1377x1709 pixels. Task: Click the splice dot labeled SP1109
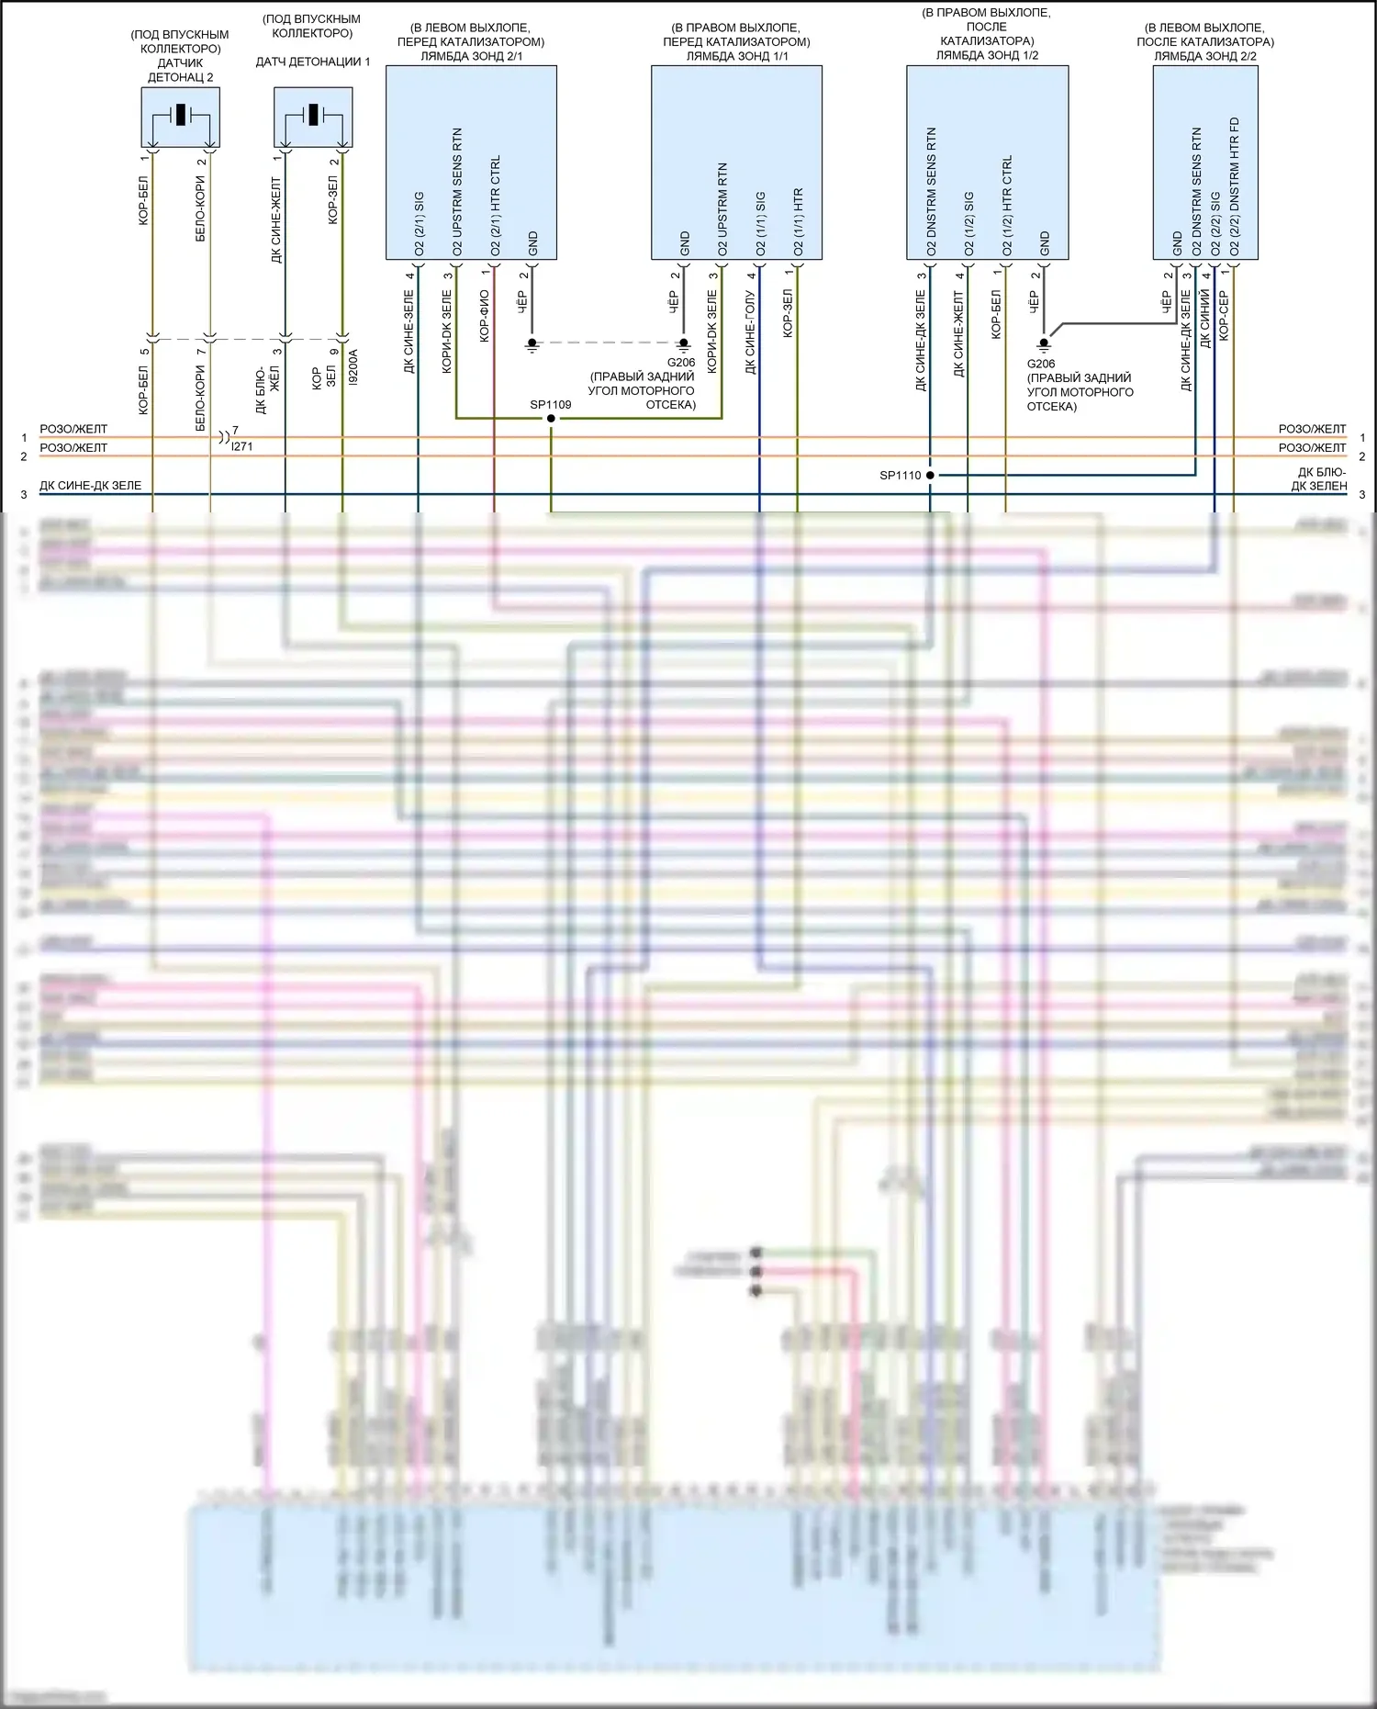click(x=551, y=419)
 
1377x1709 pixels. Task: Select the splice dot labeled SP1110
click(x=930, y=475)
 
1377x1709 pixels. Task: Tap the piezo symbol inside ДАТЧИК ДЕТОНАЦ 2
click(x=181, y=115)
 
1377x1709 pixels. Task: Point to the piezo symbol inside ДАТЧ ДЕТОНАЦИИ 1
click(x=313, y=115)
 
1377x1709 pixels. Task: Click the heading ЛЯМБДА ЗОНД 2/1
click(x=471, y=56)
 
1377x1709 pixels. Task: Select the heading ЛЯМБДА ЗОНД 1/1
click(x=736, y=56)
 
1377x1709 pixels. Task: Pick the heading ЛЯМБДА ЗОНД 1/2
click(x=987, y=55)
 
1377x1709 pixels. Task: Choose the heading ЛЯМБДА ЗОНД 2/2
click(x=1204, y=56)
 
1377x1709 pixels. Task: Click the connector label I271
click(x=241, y=446)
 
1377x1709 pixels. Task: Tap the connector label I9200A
click(x=353, y=366)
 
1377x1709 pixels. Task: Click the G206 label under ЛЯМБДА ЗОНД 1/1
click(x=681, y=363)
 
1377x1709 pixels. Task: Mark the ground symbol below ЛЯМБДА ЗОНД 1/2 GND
click(x=1043, y=345)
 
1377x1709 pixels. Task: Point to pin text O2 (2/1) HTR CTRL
click(x=496, y=206)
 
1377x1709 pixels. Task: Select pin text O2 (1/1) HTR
click(x=798, y=221)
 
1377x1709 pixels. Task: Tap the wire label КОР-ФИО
click(x=485, y=317)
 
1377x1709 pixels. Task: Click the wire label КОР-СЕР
click(x=1224, y=316)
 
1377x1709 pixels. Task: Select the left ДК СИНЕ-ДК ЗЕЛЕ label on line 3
click(x=90, y=486)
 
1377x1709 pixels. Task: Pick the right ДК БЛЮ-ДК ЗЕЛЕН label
click(x=1319, y=479)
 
